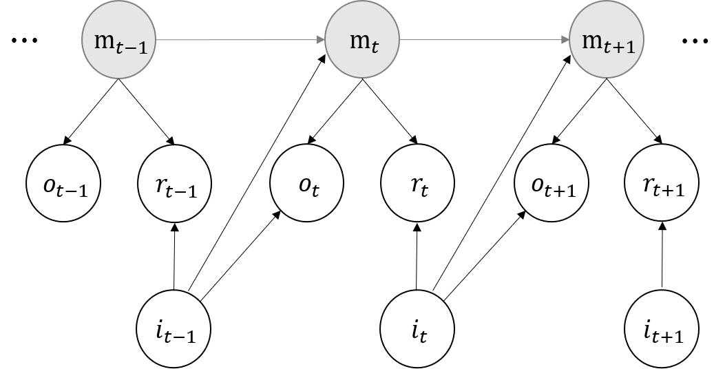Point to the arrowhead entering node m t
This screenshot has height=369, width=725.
coord(321,40)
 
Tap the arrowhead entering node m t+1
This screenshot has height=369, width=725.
coord(567,40)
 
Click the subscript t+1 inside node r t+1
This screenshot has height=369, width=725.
coord(671,191)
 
